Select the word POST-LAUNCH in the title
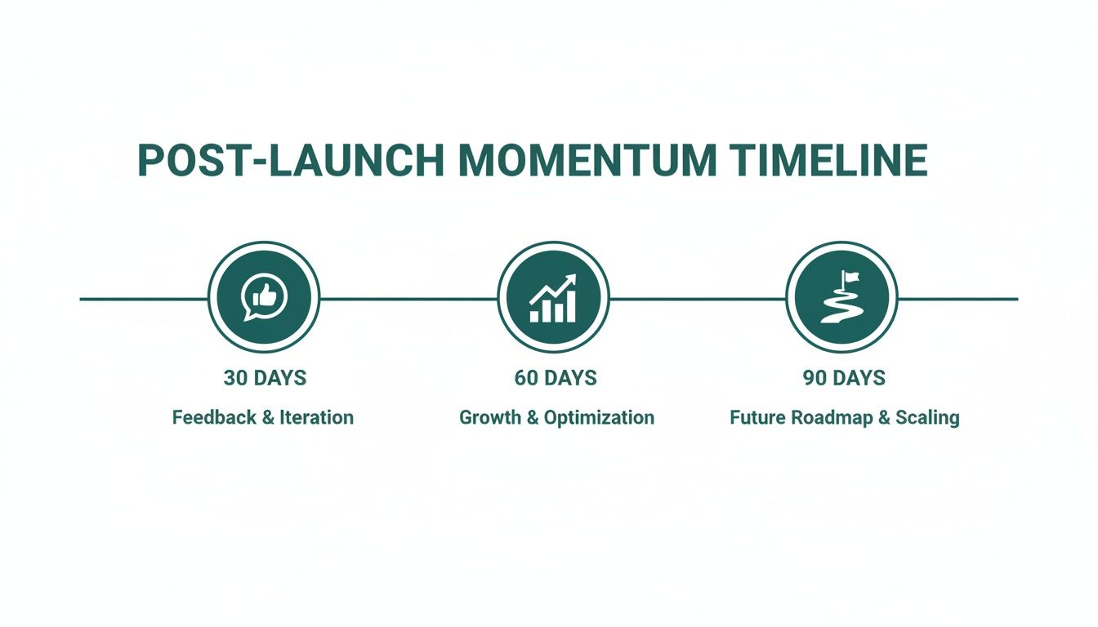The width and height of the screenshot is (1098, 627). tap(290, 161)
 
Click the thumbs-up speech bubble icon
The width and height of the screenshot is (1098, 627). tap(264, 297)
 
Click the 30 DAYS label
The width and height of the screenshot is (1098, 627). tap(264, 378)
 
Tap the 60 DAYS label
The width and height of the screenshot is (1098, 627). tap(555, 378)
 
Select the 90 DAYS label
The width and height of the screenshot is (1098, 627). tap(844, 378)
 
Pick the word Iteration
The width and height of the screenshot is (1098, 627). tap(316, 417)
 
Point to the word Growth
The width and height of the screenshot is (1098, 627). tap(488, 417)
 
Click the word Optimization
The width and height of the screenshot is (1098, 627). tap(599, 418)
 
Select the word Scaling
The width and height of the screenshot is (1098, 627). tap(927, 418)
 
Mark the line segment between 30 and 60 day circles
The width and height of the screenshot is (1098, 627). tap(408, 299)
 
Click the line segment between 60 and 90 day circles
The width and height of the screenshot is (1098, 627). tap(698, 299)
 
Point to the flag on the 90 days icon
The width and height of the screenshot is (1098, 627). tap(852, 278)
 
